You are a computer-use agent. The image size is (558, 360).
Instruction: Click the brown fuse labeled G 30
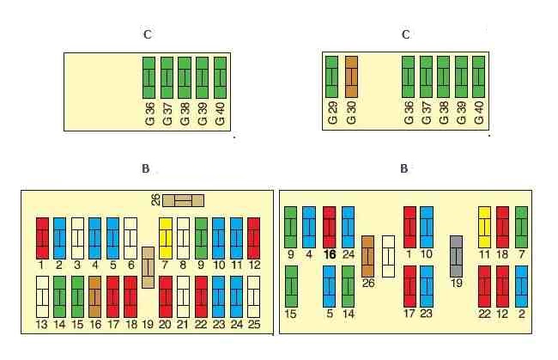pyautogui.click(x=351, y=76)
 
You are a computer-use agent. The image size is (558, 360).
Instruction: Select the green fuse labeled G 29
pyautogui.click(x=331, y=76)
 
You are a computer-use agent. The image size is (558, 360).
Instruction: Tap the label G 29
pyautogui.click(x=332, y=113)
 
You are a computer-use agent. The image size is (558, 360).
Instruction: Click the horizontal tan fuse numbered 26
pyautogui.click(x=183, y=200)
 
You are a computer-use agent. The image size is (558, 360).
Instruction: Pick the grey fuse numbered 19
pyautogui.click(x=456, y=256)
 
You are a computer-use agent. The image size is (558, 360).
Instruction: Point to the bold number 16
pyautogui.click(x=330, y=254)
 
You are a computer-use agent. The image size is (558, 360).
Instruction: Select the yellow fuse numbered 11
pyautogui.click(x=484, y=227)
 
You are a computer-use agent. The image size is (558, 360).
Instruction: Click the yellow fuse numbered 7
pyautogui.click(x=166, y=239)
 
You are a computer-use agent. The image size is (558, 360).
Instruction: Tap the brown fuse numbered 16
pyautogui.click(x=94, y=297)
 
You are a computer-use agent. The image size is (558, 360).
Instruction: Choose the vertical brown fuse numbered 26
pyautogui.click(x=367, y=256)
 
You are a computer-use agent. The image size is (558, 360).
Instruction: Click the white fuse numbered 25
pyautogui.click(x=254, y=297)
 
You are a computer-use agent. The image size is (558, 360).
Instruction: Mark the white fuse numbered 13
pyautogui.click(x=42, y=297)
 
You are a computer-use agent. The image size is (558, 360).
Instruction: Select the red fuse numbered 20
pyautogui.click(x=166, y=297)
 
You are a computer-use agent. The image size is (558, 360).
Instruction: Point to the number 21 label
pyautogui.click(x=183, y=325)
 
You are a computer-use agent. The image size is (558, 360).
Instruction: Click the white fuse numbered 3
pyautogui.click(x=77, y=239)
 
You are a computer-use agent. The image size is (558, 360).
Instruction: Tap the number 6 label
pyautogui.click(x=131, y=265)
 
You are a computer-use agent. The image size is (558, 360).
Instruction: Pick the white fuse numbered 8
pyautogui.click(x=183, y=239)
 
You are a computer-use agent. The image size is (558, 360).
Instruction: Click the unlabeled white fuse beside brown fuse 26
pyautogui.click(x=388, y=256)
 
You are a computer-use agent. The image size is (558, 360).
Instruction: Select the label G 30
pyautogui.click(x=351, y=113)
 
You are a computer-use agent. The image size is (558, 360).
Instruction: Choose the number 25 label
pyautogui.click(x=254, y=325)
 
